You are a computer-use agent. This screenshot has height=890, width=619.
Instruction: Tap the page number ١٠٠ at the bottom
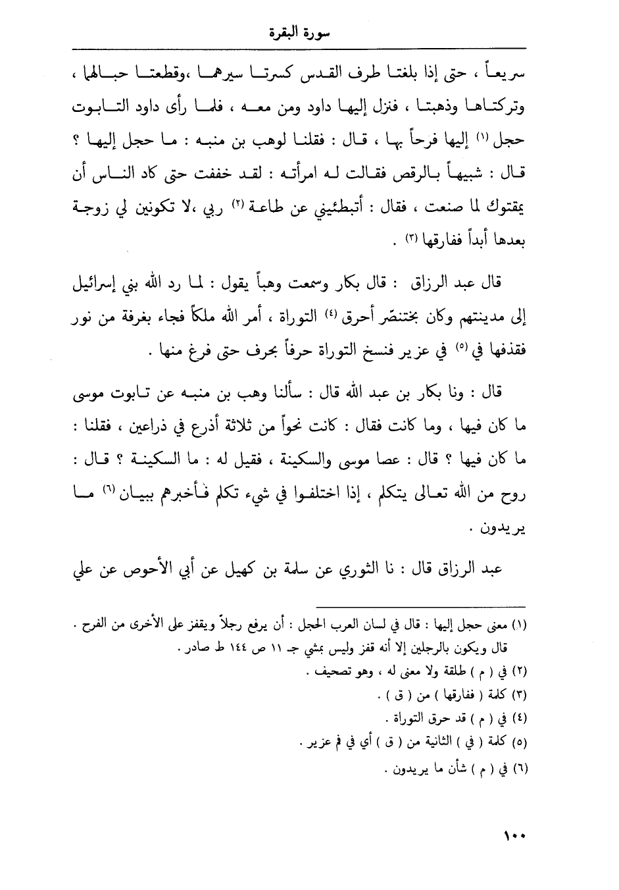point(513,837)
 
